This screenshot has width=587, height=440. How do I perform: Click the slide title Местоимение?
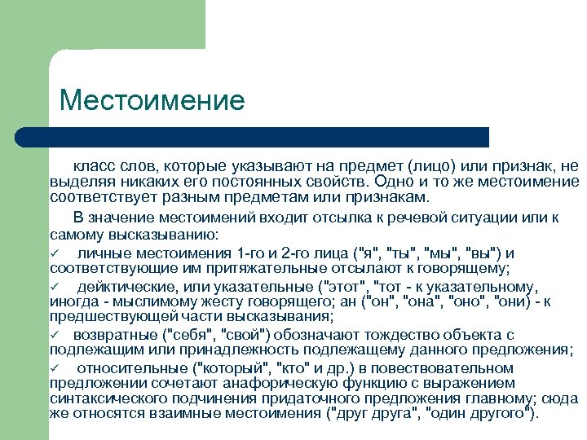pyautogui.click(x=152, y=100)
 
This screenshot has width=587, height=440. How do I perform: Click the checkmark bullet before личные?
pyautogui.click(x=55, y=253)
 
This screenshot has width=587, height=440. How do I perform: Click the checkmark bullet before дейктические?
pyautogui.click(x=55, y=286)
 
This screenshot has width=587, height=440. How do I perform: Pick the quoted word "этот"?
pyautogui.click(x=342, y=286)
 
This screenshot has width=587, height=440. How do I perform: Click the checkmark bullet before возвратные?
pyautogui.click(x=55, y=335)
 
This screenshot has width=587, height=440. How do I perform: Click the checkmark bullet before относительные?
pyautogui.click(x=55, y=367)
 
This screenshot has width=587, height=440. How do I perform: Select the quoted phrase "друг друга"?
pyautogui.click(x=377, y=414)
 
